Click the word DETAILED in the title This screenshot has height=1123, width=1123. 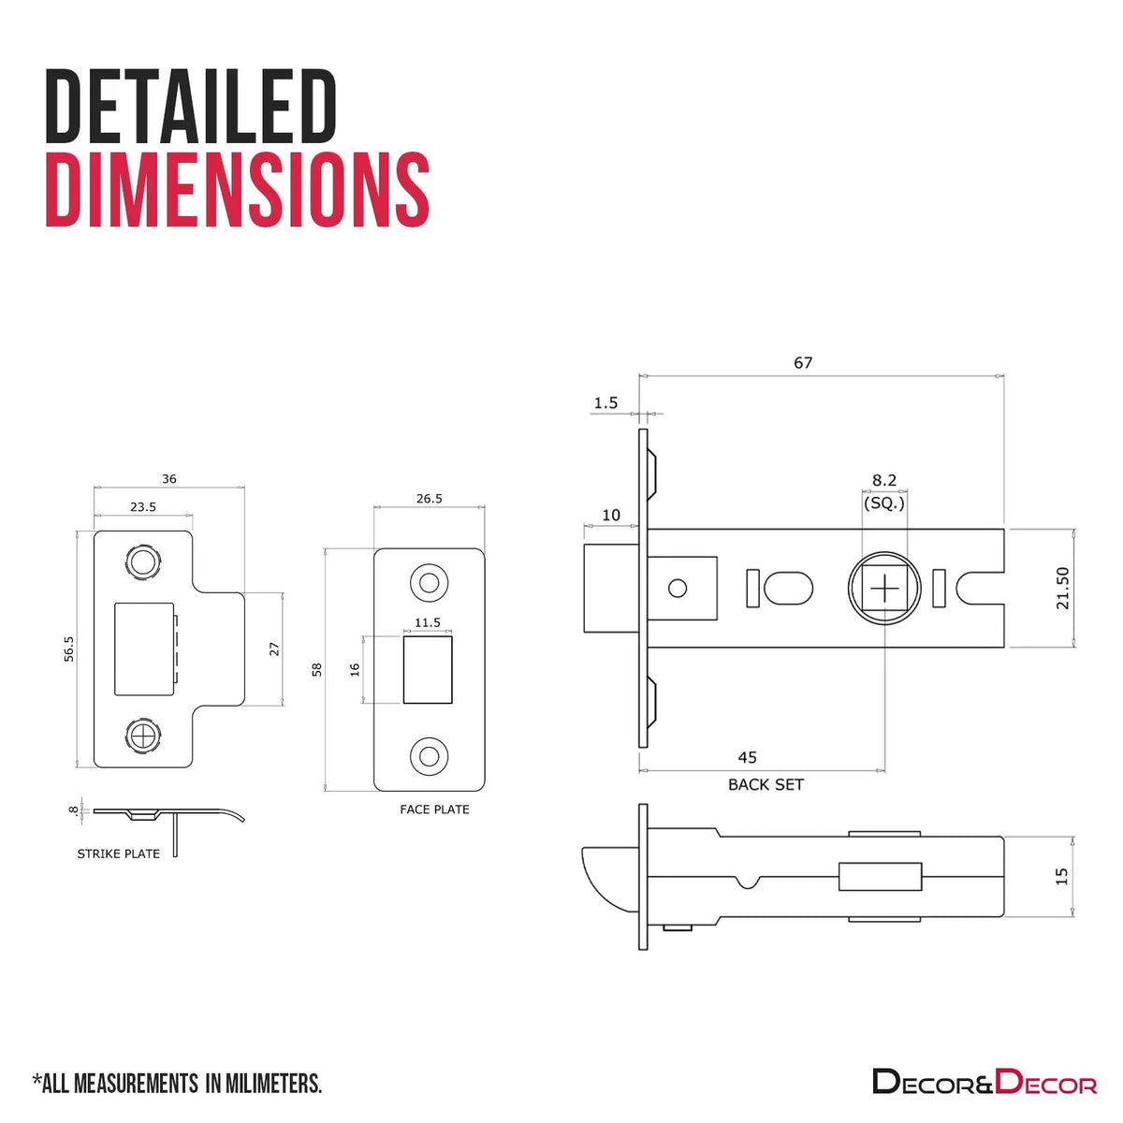(x=191, y=106)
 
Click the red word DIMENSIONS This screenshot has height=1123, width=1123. (x=237, y=189)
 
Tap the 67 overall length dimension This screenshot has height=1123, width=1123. (x=802, y=362)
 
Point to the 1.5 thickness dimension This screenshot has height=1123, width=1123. (x=605, y=402)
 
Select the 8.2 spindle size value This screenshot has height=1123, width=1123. (x=884, y=480)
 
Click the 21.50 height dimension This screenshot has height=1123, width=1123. (x=1062, y=588)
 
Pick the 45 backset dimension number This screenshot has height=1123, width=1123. (x=747, y=757)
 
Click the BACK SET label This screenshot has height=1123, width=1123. (x=766, y=784)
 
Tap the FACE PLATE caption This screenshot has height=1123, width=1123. (x=434, y=809)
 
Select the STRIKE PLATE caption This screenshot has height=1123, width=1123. (x=118, y=853)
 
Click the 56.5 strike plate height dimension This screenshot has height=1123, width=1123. (x=68, y=649)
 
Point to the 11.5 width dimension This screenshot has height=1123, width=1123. (x=427, y=622)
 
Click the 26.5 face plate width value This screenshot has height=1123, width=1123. (x=429, y=498)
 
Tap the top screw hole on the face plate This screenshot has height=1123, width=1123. (x=429, y=582)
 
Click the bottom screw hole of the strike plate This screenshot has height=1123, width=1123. (x=143, y=737)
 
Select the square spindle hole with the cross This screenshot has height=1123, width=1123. (x=884, y=589)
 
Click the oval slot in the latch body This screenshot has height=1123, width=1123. (x=789, y=589)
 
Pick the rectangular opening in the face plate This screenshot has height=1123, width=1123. (x=427, y=670)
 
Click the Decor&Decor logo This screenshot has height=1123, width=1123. (x=984, y=1081)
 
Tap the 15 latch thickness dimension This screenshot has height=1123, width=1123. (x=1061, y=877)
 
